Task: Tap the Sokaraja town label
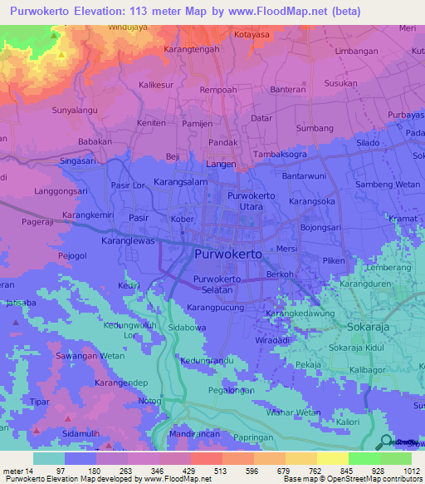(x=369, y=326)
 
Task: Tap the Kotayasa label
(x=252, y=35)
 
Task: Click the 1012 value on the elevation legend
(x=400, y=472)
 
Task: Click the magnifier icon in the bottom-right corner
(x=384, y=442)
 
